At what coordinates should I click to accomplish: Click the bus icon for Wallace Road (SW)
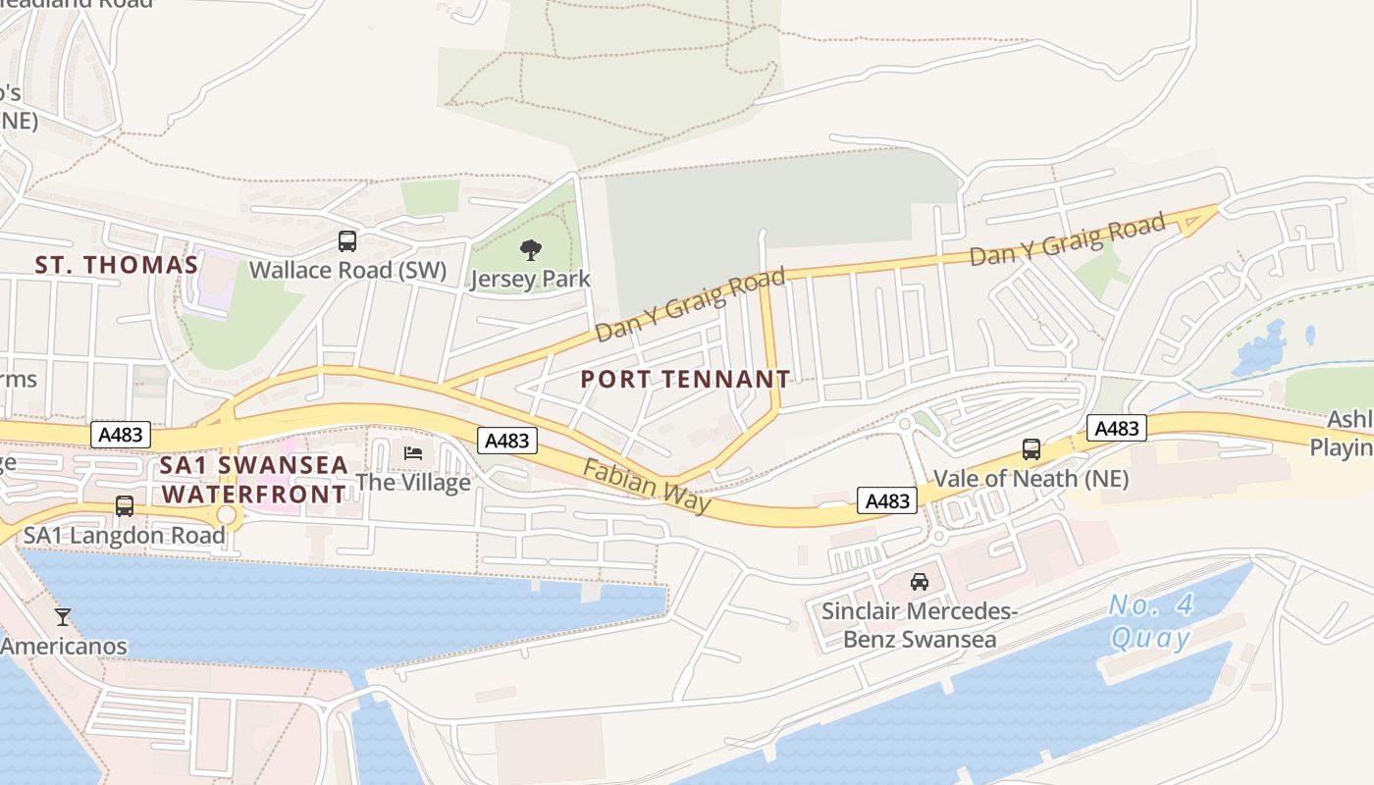pos(346,240)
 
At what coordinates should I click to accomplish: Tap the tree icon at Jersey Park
pos(530,250)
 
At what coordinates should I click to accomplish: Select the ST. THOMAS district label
pos(117,265)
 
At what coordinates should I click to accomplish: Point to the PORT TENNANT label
pos(685,379)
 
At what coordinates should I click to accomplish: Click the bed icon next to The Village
pos(413,453)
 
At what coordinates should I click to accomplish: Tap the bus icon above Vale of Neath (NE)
pos(1031,449)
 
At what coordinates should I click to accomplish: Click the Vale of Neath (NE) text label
pos(1030,479)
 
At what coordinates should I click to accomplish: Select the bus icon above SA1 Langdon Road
pos(125,506)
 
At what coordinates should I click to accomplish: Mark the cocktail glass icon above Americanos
pos(63,617)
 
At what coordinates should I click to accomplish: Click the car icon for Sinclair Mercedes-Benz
pos(920,581)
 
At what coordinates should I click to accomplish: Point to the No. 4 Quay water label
pos(1151,621)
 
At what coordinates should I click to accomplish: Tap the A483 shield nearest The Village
pos(507,441)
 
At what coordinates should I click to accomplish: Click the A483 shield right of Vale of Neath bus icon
pos(1117,428)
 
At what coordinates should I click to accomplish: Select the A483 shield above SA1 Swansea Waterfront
pos(121,435)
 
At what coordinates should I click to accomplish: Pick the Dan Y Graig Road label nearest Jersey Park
pos(691,306)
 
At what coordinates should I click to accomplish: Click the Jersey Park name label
pos(530,279)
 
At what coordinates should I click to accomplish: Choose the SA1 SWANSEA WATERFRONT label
pos(254,479)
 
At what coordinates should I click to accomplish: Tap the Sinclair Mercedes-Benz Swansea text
pos(919,626)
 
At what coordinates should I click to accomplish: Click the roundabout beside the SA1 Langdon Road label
pos(227,515)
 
